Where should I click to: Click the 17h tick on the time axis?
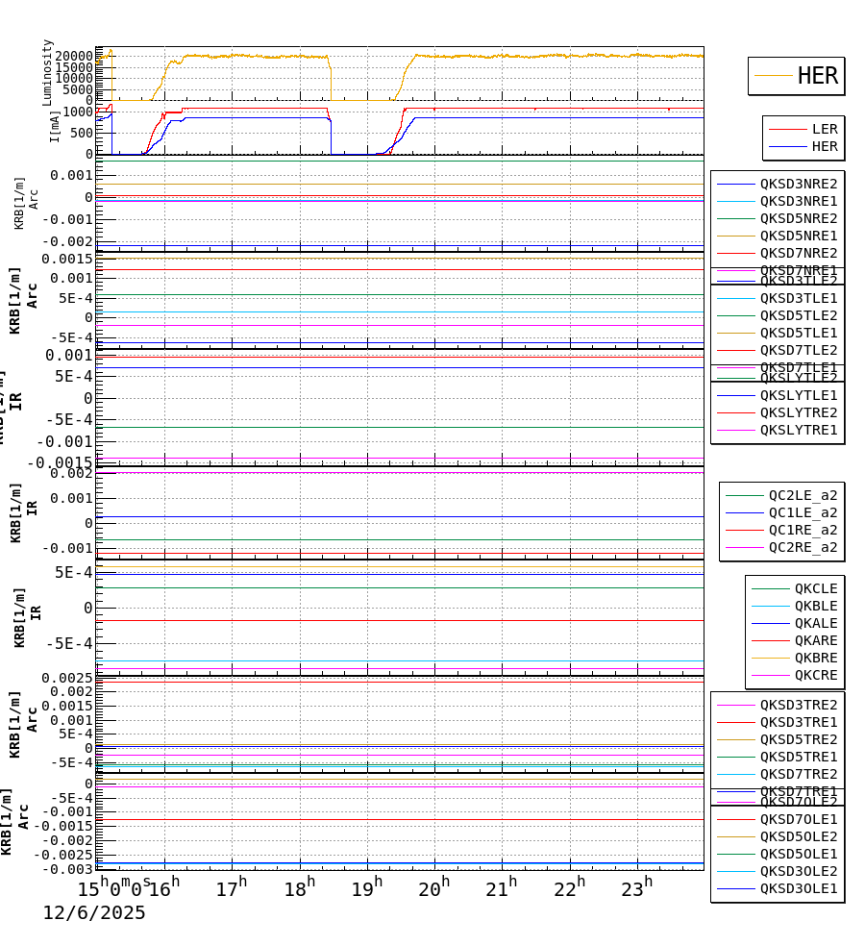point(231,888)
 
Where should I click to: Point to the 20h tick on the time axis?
point(433,888)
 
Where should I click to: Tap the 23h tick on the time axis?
point(635,888)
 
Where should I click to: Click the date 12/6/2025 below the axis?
point(94,913)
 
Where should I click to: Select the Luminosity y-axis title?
point(47,72)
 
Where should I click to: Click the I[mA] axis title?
point(55,126)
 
